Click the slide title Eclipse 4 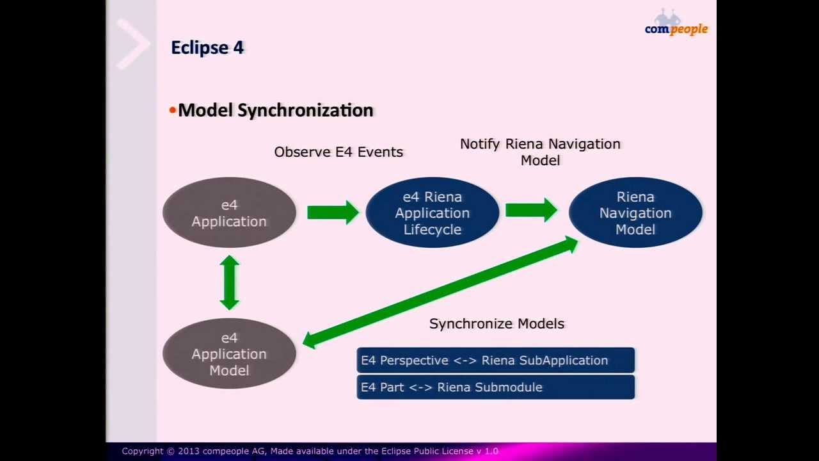207,48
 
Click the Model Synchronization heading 275,110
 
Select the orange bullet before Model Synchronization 172,111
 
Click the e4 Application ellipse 229,213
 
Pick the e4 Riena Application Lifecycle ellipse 432,213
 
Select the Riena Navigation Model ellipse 635,213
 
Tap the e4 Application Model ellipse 229,353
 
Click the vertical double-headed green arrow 229,282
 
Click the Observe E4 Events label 338,152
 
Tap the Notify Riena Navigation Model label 540,152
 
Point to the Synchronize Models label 497,324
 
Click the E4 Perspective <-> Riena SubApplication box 495,360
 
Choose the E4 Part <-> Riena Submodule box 495,387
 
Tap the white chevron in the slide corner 132,44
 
